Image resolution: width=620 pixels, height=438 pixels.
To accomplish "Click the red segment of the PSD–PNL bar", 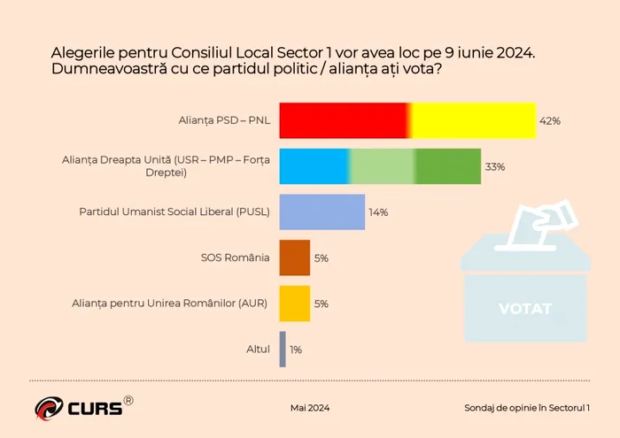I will pos(344,120).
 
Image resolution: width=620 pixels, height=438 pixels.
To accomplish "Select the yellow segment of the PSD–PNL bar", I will pos(474,120).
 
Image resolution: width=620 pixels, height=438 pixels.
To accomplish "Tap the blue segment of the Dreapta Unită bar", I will pos(314,166).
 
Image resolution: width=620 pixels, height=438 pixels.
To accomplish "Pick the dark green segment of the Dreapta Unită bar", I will pos(448,166).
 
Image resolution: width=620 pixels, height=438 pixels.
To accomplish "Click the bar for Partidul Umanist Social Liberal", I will pos(322,212).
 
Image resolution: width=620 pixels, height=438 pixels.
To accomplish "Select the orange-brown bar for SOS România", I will pos(295,257).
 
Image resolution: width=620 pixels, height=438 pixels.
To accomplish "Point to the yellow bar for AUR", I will pos(295,304).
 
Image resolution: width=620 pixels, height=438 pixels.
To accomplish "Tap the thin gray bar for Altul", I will pos(283,349).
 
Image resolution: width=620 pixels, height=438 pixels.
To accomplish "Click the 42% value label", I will pos(550,121).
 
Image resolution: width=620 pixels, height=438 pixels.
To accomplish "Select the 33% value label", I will pos(494,167).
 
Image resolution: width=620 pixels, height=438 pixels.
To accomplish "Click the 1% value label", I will pos(295,350).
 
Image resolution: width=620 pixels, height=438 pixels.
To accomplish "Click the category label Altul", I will pos(258,350).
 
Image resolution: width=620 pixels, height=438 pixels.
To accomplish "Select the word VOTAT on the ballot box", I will pos(525,309).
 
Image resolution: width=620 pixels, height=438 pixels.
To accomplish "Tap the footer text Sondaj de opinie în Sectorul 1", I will pos(528,408).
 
